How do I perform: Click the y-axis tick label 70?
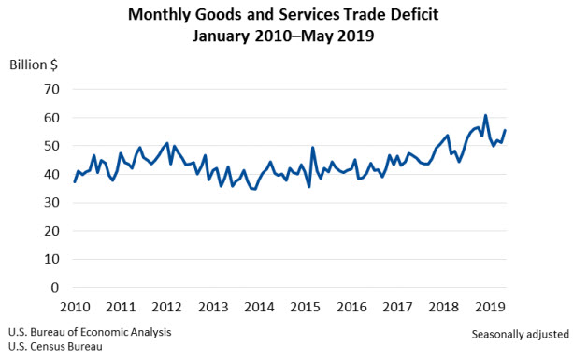click(50, 89)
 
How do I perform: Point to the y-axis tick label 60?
click(50, 118)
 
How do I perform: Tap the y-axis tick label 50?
click(50, 146)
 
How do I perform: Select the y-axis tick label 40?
click(50, 174)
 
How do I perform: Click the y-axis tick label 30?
click(50, 203)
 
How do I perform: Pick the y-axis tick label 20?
click(50, 231)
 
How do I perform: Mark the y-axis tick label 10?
click(50, 259)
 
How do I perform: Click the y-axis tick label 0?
click(55, 287)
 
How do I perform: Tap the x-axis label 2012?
click(167, 307)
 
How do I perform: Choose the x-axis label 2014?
click(259, 307)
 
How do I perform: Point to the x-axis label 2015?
click(305, 307)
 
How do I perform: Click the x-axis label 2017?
click(396, 307)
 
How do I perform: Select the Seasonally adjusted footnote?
click(519, 334)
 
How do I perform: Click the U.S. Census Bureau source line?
click(56, 346)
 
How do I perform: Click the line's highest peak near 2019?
click(485, 116)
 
